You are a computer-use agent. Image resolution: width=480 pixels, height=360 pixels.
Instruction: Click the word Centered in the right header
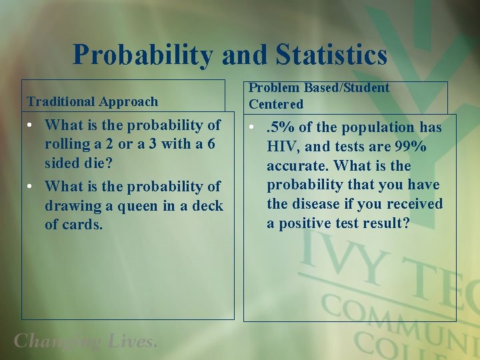pyautogui.click(x=276, y=104)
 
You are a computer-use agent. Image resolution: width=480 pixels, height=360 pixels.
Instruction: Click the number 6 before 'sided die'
pyautogui.click(x=211, y=145)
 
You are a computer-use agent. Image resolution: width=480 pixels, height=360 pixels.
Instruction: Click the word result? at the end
pyautogui.click(x=387, y=223)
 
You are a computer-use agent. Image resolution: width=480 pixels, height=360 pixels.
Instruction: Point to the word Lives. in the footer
pyautogui.click(x=132, y=341)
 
